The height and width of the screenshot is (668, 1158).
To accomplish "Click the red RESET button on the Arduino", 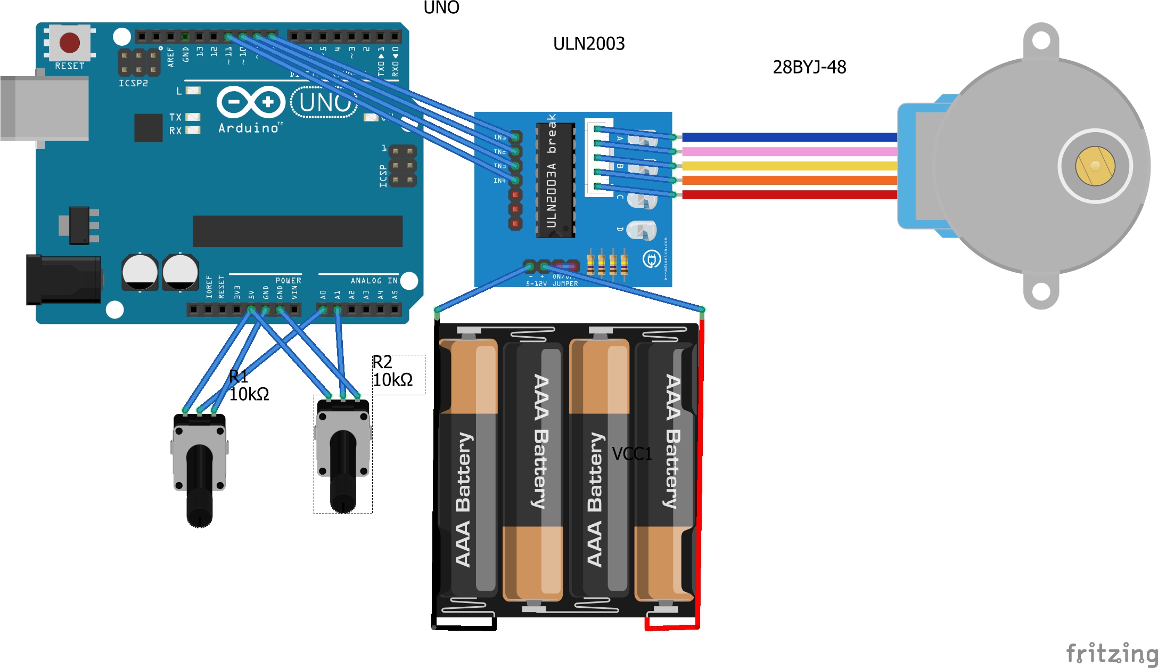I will [x=70, y=43].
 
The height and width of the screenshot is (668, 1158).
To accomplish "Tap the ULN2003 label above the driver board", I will [x=589, y=44].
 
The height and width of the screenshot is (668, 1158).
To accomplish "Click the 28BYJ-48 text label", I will [x=809, y=67].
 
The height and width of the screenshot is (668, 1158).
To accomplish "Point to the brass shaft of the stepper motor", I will [x=1095, y=166].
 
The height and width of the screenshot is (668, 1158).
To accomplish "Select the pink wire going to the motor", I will [x=788, y=152].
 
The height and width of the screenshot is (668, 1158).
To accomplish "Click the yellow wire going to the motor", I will [x=788, y=166].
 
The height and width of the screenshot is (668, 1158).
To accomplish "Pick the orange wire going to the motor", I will [x=788, y=181].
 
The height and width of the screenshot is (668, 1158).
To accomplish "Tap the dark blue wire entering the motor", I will [x=788, y=137].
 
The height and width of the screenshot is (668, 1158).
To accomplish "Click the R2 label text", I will [x=382, y=362].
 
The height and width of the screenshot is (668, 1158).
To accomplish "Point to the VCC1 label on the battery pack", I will [x=632, y=454].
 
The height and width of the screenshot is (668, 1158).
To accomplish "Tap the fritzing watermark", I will [x=1112, y=653].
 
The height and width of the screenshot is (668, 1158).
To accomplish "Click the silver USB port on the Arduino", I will [x=45, y=109].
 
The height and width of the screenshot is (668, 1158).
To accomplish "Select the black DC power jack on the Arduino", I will [x=64, y=280].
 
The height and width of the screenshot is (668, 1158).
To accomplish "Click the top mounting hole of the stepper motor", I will [x=1041, y=40].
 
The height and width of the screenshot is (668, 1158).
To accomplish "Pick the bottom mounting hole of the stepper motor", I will [x=1041, y=291].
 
